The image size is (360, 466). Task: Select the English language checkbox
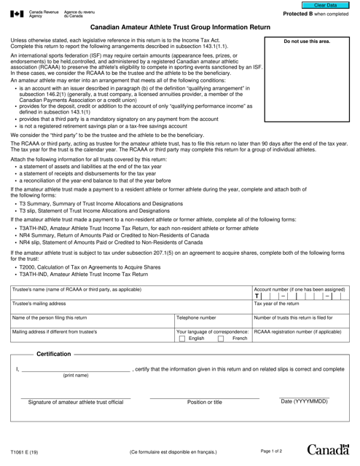(x=182, y=339)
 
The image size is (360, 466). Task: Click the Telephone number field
(x=211, y=321)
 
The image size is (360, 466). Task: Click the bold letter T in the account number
(x=257, y=296)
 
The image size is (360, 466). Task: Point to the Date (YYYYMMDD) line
(x=304, y=397)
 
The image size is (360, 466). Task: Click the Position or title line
(x=204, y=397)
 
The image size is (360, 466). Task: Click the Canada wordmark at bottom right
(x=329, y=452)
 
